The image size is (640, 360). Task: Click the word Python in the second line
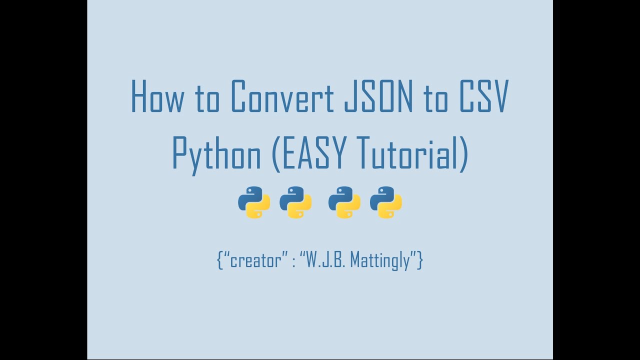216,152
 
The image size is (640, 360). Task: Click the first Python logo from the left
254,202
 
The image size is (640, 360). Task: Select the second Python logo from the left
295,202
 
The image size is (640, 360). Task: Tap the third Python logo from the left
344,202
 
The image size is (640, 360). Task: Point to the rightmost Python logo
386,202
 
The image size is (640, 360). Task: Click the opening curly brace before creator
220,260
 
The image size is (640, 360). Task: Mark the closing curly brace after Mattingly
420,260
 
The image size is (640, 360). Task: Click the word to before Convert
206,96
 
